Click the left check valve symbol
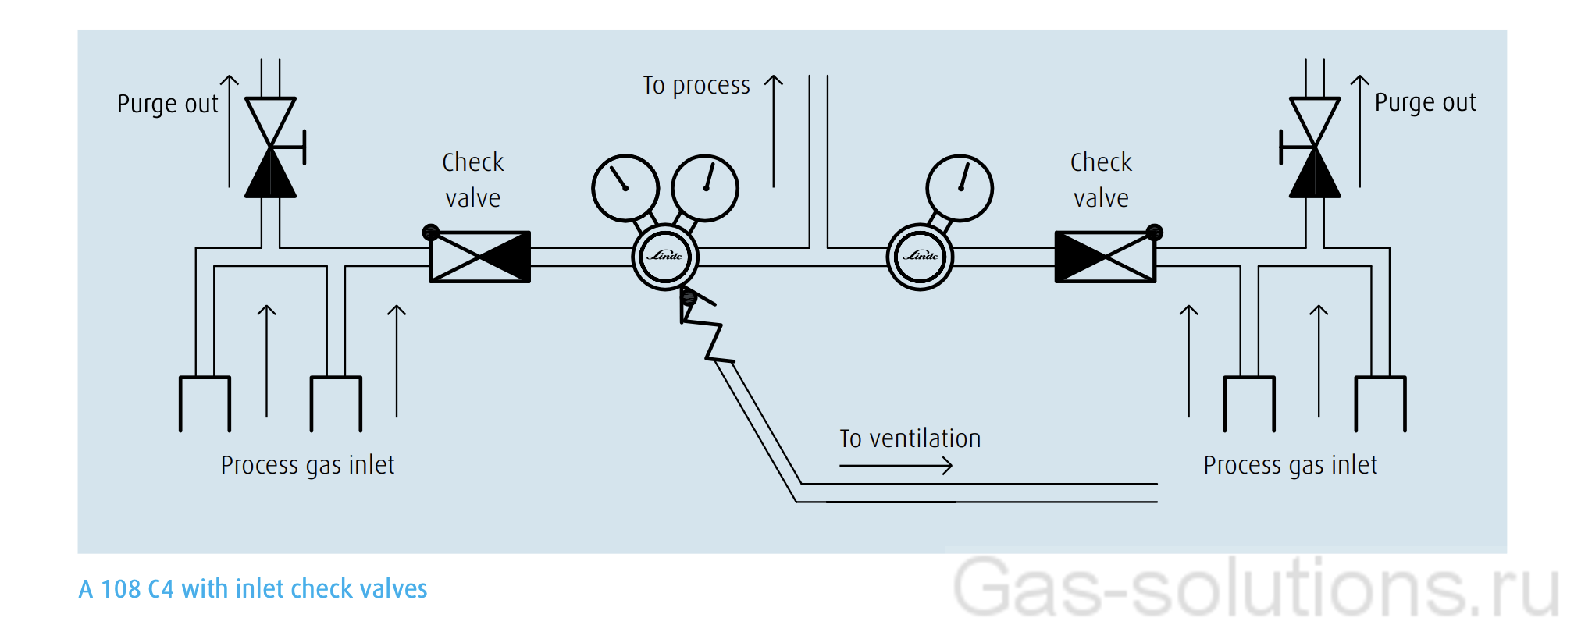click(x=480, y=257)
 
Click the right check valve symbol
click(x=1105, y=257)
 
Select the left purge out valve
click(x=270, y=147)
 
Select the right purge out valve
click(x=1315, y=147)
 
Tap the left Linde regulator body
click(x=665, y=256)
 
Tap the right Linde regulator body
click(x=921, y=256)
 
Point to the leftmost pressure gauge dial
click(x=625, y=188)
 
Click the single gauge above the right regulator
click(x=960, y=188)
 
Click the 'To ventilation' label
click(x=910, y=438)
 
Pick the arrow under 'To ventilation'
click(x=896, y=466)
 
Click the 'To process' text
click(x=696, y=85)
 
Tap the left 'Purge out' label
click(x=167, y=104)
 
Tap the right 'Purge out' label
click(x=1425, y=102)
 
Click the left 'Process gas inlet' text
click(x=308, y=465)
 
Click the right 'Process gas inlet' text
click(x=1290, y=465)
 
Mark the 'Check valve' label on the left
click(x=473, y=180)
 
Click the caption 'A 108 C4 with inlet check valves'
click(x=253, y=588)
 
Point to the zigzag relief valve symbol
click(x=707, y=328)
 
